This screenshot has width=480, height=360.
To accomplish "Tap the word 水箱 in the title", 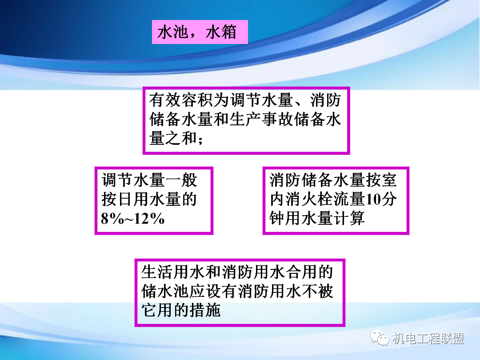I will point(221,32).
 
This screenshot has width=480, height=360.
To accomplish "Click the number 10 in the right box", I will point(373,200).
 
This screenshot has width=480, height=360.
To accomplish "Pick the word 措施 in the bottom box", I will point(205,310).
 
